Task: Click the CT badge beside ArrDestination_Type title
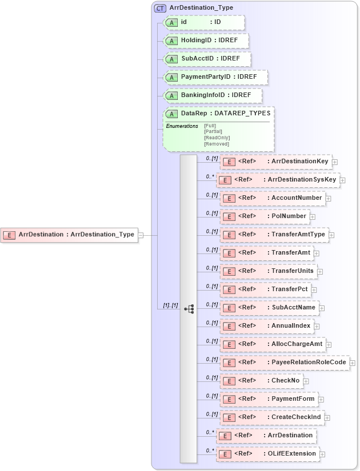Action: click(x=160, y=8)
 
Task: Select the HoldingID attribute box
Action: click(x=206, y=41)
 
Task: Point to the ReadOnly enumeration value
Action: click(x=217, y=138)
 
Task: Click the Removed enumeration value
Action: click(x=216, y=144)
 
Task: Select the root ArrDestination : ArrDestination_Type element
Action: click(x=70, y=234)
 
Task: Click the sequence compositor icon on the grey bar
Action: click(x=189, y=309)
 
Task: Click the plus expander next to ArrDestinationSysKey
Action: click(x=342, y=180)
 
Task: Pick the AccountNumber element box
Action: click(x=273, y=198)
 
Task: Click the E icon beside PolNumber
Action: click(x=229, y=217)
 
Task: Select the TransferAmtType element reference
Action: click(x=274, y=235)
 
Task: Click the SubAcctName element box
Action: click(x=269, y=308)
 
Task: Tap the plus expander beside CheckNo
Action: click(x=306, y=381)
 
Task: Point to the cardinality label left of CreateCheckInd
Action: click(x=212, y=414)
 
